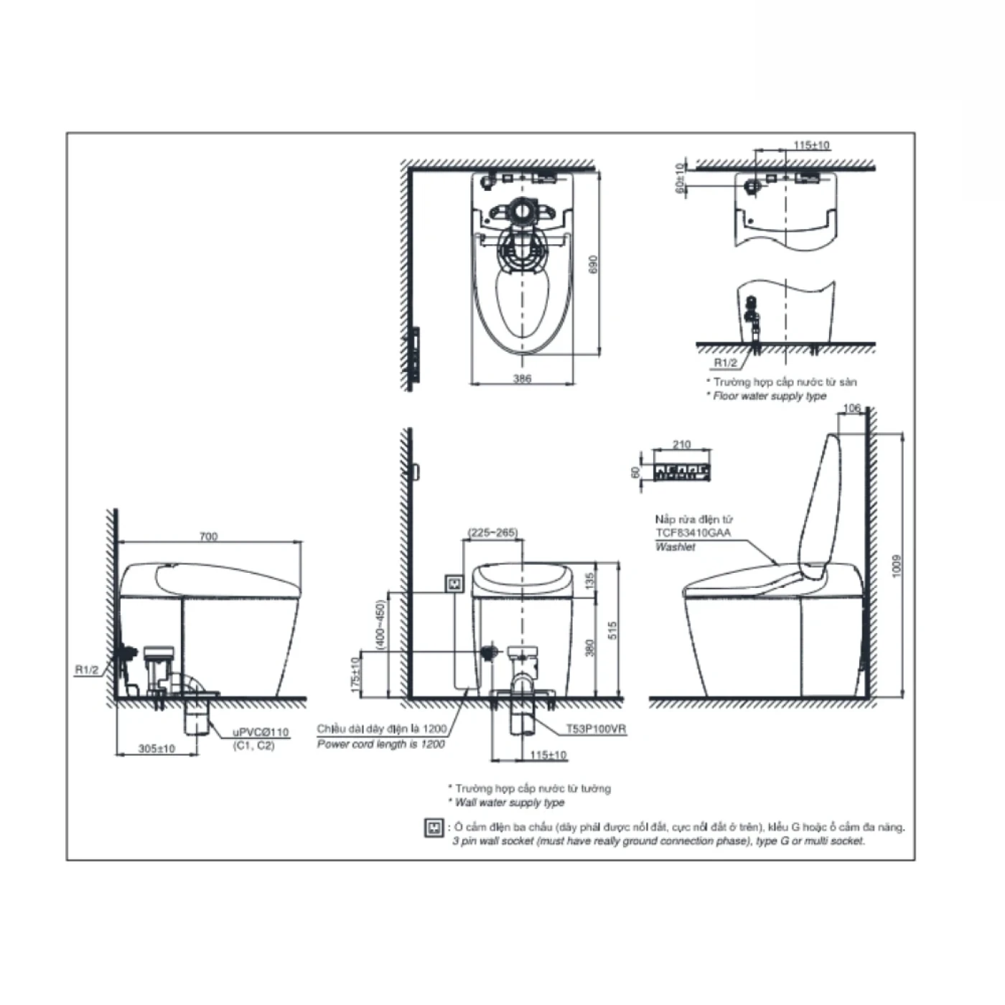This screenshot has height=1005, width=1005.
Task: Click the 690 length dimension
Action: (592, 265)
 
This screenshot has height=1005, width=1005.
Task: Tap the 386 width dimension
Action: (523, 378)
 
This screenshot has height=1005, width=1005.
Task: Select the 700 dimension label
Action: (208, 536)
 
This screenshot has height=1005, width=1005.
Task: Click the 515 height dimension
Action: (612, 630)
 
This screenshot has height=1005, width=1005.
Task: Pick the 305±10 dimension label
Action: (156, 748)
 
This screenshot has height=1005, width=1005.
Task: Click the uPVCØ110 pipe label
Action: (260, 732)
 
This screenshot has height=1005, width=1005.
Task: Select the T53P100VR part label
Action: (596, 729)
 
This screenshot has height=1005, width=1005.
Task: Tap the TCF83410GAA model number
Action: (693, 533)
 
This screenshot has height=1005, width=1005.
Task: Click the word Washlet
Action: (676, 546)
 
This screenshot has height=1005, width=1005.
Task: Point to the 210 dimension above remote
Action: (681, 444)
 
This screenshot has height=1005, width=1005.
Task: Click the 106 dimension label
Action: (851, 408)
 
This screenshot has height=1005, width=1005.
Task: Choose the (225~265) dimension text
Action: (492, 533)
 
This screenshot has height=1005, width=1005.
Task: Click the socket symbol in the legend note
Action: (434, 828)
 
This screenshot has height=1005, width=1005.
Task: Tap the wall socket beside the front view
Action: (454, 584)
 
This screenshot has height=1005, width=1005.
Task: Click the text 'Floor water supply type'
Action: (770, 396)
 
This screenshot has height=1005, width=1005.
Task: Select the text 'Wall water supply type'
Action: (510, 802)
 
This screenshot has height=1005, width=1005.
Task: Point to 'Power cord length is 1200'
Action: (381, 744)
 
